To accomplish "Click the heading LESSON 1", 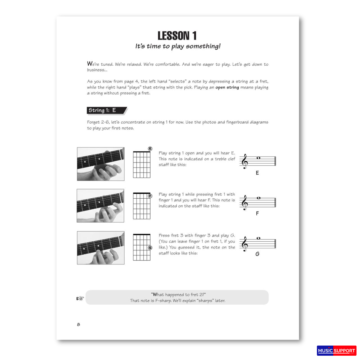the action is [x=177, y=36].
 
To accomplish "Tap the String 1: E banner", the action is [x=107, y=110].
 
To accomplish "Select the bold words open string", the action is [x=227, y=87].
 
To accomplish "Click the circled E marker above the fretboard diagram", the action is [x=150, y=149].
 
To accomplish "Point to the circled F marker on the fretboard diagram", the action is [x=150, y=196].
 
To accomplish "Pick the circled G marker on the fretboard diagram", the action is [x=150, y=248].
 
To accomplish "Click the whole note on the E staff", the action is [x=259, y=158].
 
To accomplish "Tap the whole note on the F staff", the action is [x=259, y=198].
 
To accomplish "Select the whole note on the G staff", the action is [x=259, y=238].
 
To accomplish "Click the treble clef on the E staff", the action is [x=245, y=161].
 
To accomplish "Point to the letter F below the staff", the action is [x=257, y=214].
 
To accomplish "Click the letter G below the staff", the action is [x=257, y=254].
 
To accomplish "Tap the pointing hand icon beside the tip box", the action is [x=80, y=298].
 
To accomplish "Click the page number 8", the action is [x=79, y=324].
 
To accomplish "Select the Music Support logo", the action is [x=337, y=351].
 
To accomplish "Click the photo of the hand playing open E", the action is [x=101, y=164].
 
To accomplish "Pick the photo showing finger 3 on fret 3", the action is [x=101, y=248].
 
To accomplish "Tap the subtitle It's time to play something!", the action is [x=178, y=46].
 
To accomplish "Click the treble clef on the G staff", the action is [x=245, y=244].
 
